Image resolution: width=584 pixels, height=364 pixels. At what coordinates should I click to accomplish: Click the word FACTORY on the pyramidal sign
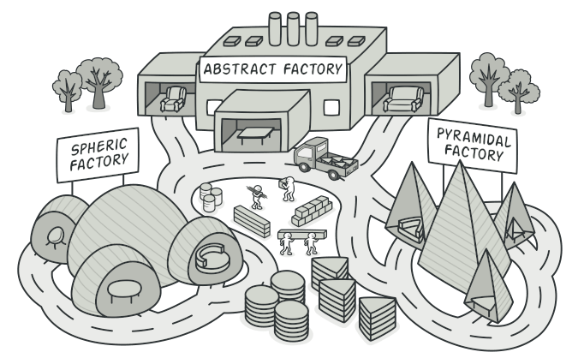[x=475, y=153]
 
